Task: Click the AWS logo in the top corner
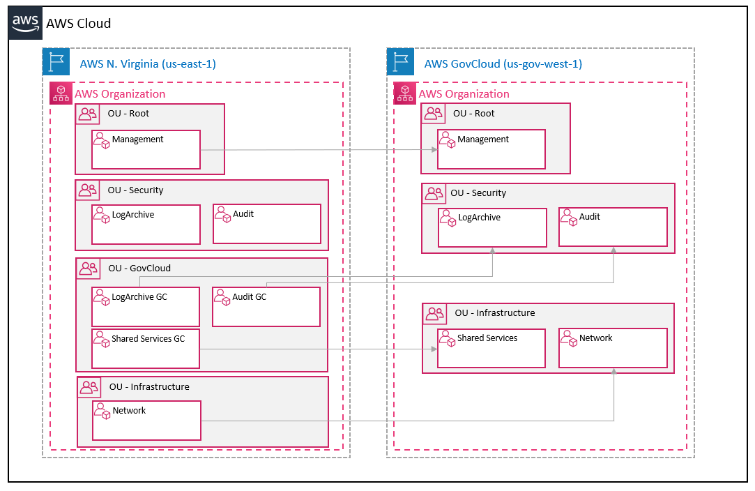click(25, 22)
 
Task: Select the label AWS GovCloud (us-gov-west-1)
click(503, 64)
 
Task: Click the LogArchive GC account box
click(146, 307)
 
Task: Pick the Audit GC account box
click(266, 307)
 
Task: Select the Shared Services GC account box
click(146, 349)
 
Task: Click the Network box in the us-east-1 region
click(146, 420)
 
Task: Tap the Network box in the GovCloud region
click(613, 348)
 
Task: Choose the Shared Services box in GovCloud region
click(491, 348)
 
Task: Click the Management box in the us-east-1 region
click(146, 149)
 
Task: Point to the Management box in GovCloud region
click(491, 149)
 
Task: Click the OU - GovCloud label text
click(139, 268)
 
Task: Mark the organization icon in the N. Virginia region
click(61, 93)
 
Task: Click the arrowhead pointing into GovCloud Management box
click(434, 149)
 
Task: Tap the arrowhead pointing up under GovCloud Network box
click(613, 372)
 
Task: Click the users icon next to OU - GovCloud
click(89, 268)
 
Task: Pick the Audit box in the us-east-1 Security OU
click(266, 224)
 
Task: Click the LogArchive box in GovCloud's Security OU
click(492, 227)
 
